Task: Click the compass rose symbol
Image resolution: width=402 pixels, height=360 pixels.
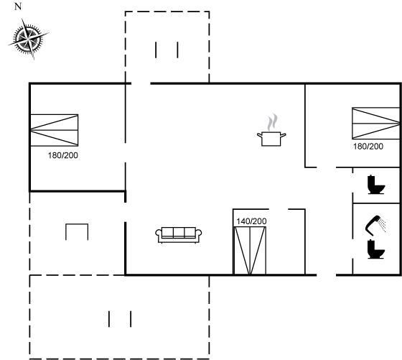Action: click(28, 39)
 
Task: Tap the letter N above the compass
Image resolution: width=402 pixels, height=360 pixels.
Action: click(18, 6)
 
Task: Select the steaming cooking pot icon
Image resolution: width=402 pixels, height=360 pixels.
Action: click(271, 130)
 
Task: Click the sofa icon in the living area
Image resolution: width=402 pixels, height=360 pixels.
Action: click(179, 235)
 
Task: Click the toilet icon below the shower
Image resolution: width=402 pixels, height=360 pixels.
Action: click(376, 249)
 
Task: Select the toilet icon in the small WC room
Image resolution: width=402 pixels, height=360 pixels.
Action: click(376, 185)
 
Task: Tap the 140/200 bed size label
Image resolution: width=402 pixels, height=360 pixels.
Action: click(251, 221)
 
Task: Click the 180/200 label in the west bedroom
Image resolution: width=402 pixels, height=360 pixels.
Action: click(63, 155)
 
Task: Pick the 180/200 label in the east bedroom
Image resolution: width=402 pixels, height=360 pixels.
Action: click(368, 147)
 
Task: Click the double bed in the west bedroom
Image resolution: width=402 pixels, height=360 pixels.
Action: click(55, 130)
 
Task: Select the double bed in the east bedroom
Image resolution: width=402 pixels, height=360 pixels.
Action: click(376, 123)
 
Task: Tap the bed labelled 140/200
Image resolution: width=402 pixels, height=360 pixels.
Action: click(250, 251)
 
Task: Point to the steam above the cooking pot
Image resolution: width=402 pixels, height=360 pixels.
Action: click(272, 122)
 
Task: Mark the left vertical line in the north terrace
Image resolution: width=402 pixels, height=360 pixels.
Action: click(156, 50)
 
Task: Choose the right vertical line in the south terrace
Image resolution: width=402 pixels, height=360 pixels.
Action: click(131, 319)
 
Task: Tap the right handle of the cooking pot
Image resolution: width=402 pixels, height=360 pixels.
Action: click(284, 135)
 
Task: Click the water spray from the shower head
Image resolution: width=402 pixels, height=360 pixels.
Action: click(383, 225)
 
